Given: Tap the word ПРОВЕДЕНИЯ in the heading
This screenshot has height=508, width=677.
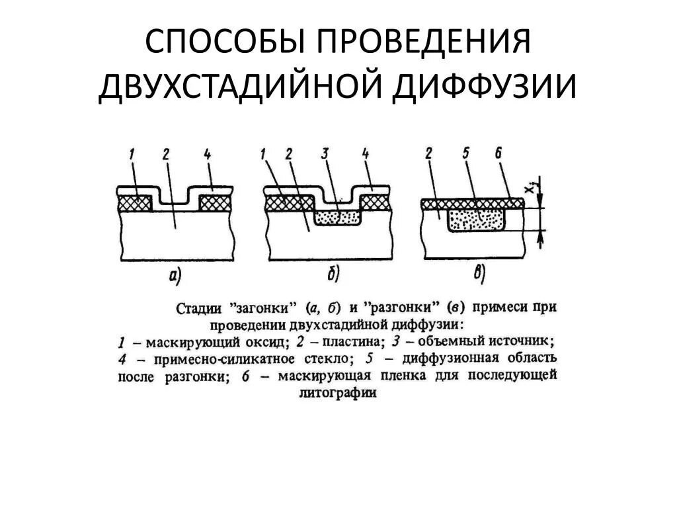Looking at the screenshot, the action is pyautogui.click(x=420, y=43).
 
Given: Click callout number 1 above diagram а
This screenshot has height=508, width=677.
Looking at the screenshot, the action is pyautogui.click(x=132, y=155).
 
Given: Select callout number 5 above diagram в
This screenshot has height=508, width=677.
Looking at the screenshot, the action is pyautogui.click(x=467, y=154).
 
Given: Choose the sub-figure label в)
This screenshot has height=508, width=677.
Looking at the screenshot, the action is pyautogui.click(x=478, y=273).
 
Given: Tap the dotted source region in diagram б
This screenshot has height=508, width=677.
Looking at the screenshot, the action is pyautogui.click(x=337, y=217).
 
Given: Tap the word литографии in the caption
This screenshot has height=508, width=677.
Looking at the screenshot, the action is pyautogui.click(x=336, y=392).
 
